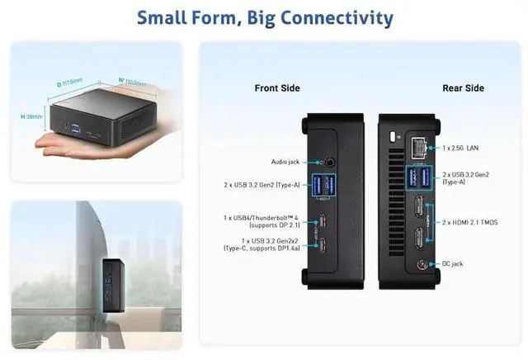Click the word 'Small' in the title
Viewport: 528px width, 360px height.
pos(164,17)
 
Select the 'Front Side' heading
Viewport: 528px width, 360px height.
pos(277,88)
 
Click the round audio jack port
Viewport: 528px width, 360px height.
pos(332,163)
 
